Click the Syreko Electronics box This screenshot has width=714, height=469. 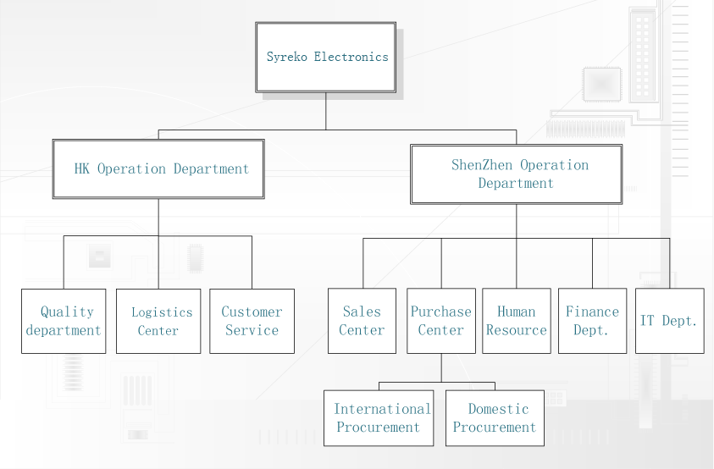pyautogui.click(x=325, y=58)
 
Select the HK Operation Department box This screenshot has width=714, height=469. pyautogui.click(x=158, y=169)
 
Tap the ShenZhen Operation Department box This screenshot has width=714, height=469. pyautogui.click(x=517, y=174)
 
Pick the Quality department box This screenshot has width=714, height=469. pyautogui.click(x=64, y=321)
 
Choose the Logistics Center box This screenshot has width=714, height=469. pyautogui.click(x=158, y=321)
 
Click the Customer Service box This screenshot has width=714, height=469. pyautogui.click(x=252, y=321)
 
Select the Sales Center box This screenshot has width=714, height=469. pyautogui.click(x=362, y=321)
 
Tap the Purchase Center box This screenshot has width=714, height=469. pyautogui.click(x=441, y=321)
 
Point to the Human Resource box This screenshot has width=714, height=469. pyautogui.click(x=517, y=321)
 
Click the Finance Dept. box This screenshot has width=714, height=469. pyautogui.click(x=592, y=321)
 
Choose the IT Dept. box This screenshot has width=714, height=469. pyautogui.click(x=670, y=321)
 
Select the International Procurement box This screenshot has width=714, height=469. pyautogui.click(x=379, y=418)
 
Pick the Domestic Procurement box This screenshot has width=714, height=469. pyautogui.click(x=495, y=418)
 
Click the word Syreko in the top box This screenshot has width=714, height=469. pyautogui.click(x=287, y=58)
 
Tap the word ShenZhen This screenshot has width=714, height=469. pyautogui.click(x=482, y=165)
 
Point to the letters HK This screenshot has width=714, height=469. pyautogui.click(x=82, y=169)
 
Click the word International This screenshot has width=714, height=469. pyautogui.click(x=383, y=409)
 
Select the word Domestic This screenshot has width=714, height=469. pyautogui.click(x=499, y=409)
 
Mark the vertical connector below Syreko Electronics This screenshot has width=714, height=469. pyautogui.click(x=325, y=111)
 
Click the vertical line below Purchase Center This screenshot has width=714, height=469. pyautogui.click(x=441, y=368)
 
